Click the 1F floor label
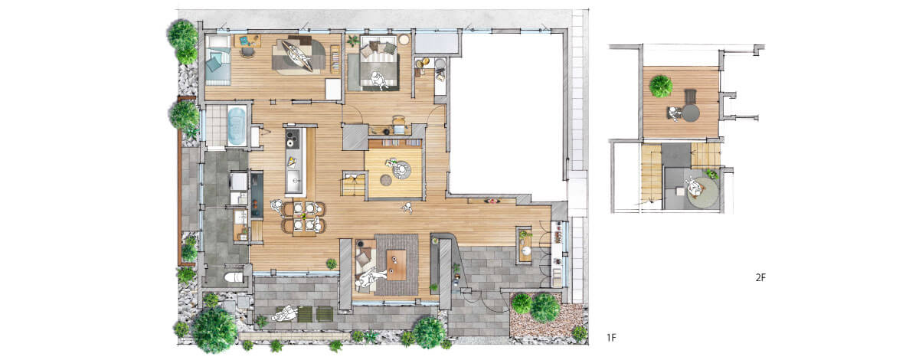(611, 338)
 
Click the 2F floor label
(760, 277)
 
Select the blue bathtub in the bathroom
(237, 126)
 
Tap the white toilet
(234, 277)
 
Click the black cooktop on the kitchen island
(293, 138)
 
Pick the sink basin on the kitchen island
(294, 179)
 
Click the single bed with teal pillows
(217, 60)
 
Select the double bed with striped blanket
(379, 63)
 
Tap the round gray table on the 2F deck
(691, 113)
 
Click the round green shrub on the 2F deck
(660, 87)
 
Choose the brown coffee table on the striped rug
(397, 265)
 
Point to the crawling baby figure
(407, 208)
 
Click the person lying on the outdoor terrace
(285, 314)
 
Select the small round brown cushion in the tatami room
(386, 180)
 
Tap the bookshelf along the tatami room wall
(394, 143)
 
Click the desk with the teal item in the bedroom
(247, 41)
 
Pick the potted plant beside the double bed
(352, 41)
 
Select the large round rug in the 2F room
(703, 192)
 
